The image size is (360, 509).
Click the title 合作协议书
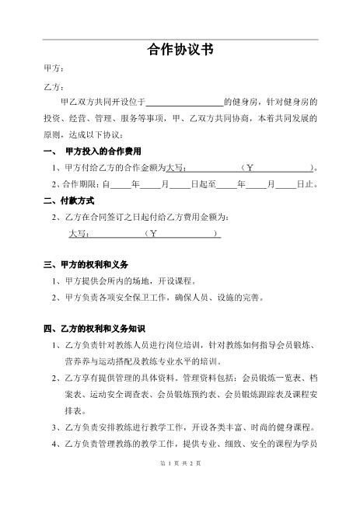180,51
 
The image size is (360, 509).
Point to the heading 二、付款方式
72,200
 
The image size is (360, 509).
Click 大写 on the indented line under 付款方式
79,233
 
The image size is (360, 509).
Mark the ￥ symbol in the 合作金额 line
250,167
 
